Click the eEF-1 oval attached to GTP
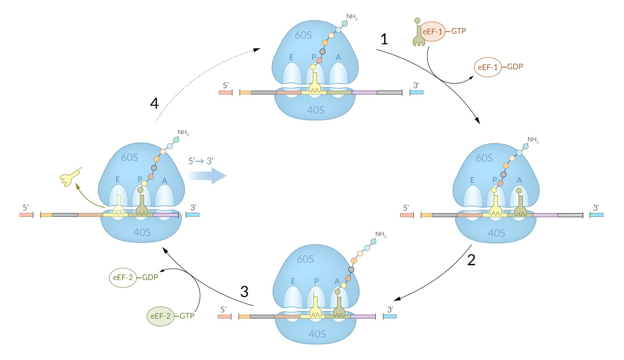coord(433,32)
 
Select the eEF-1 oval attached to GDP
coord(487,67)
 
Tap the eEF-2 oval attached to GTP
coord(160,316)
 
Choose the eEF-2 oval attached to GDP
coord(122,278)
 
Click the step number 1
coord(384,39)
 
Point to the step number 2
coord(471,260)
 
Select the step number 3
coord(244,291)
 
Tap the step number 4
coord(154,103)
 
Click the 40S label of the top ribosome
coord(316,110)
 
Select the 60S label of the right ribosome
coord(484,158)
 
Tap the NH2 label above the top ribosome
coord(351,17)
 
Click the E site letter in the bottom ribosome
coord(292,281)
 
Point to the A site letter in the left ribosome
coord(165,181)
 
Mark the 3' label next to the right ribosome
coord(596,208)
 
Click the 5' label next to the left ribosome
coord(26,207)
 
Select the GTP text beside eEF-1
coord(459,31)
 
